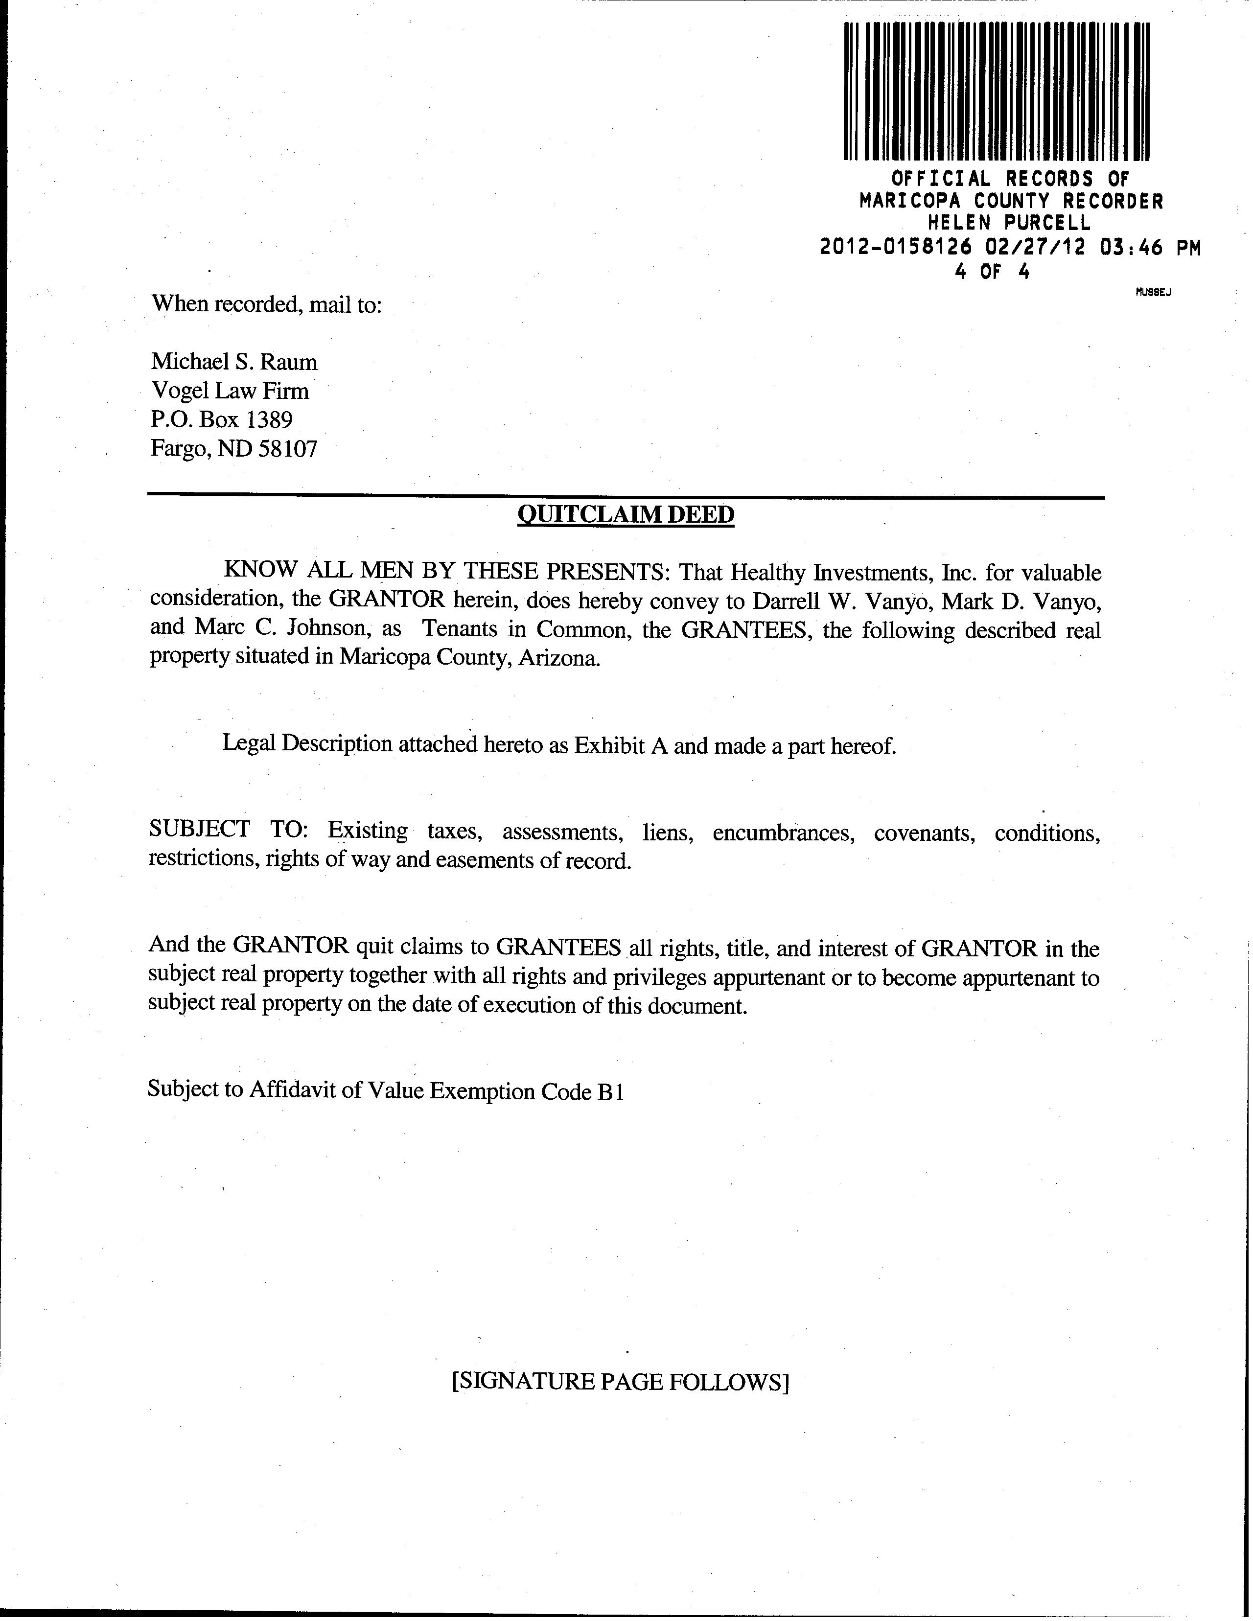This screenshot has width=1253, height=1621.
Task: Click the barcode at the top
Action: tap(997, 92)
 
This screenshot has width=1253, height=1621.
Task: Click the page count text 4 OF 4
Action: tap(993, 272)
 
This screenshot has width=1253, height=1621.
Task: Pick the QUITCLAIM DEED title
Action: tap(625, 514)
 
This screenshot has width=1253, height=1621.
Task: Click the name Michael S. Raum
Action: tap(234, 362)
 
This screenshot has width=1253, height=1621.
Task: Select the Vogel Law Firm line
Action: tap(230, 391)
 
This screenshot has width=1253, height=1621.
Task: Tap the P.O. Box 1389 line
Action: tap(222, 419)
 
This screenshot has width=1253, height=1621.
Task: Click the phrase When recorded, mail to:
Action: tap(266, 305)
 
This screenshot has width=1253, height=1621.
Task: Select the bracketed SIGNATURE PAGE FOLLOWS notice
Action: tap(620, 1381)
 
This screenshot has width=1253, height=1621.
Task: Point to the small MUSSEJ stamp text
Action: tap(1153, 292)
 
